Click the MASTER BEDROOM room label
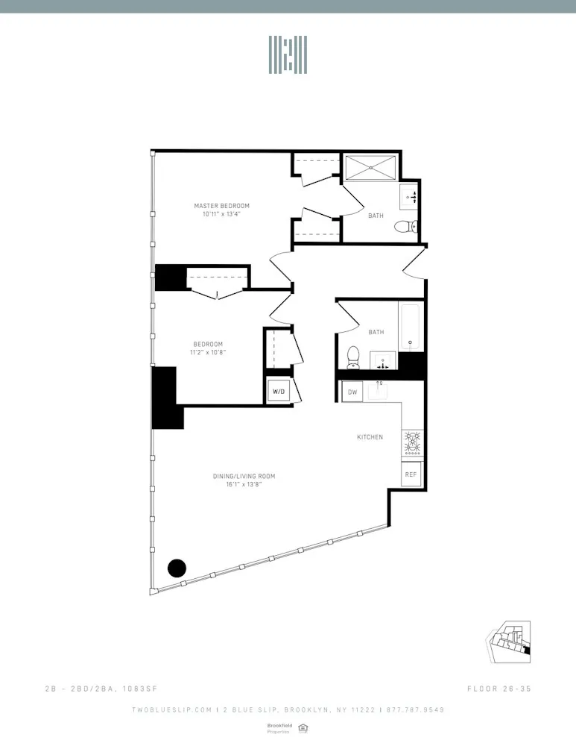point(221,206)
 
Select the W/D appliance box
point(279,391)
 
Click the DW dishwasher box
point(352,391)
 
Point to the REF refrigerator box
point(411,474)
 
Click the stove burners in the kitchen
point(411,442)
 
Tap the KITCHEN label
point(370,437)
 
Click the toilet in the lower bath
point(355,357)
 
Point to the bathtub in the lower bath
point(410,325)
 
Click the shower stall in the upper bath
point(371,167)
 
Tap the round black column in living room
point(177,568)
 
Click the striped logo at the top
point(288,55)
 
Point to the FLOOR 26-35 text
point(499,688)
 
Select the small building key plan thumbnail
point(510,641)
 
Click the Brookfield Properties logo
point(279,727)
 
